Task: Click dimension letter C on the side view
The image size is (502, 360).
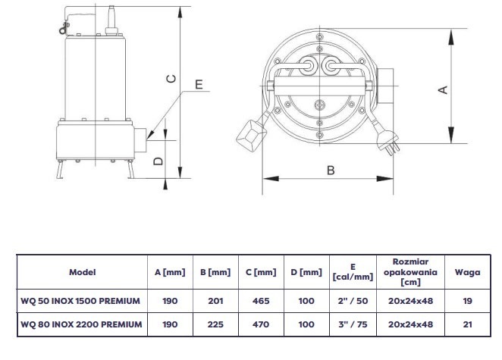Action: tap(171, 79)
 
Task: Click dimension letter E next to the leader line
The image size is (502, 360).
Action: tap(199, 84)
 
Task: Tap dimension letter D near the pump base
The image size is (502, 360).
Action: tap(158, 161)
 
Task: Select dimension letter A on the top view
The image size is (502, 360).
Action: tap(443, 90)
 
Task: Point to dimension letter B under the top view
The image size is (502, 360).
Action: tap(331, 171)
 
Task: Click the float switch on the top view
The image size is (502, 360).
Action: tap(251, 135)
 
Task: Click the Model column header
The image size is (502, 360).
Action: tap(83, 272)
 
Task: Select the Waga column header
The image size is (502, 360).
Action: tap(467, 272)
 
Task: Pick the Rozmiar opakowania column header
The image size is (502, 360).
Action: tap(410, 272)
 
